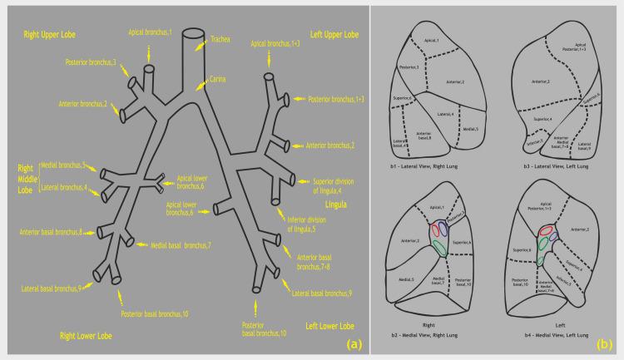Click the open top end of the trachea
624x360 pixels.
coord(193,34)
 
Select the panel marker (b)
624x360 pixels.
coord(605,342)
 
